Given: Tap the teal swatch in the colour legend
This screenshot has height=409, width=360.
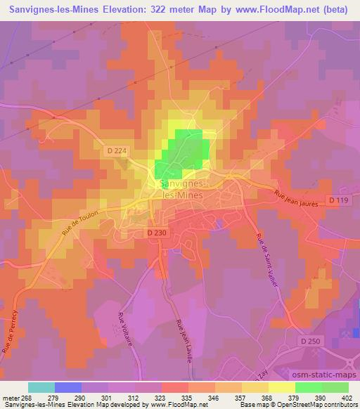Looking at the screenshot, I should point(41,387).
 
